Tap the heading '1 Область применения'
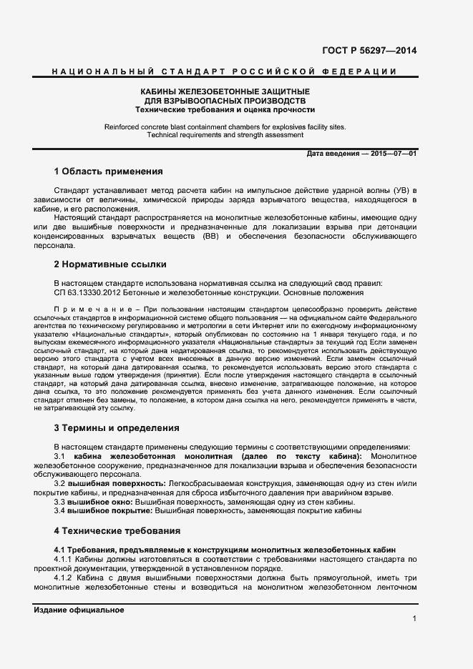[108, 172]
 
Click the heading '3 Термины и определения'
[116, 428]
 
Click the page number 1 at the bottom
[414, 618]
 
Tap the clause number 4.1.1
[66, 559]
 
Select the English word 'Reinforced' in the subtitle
[122, 127]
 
